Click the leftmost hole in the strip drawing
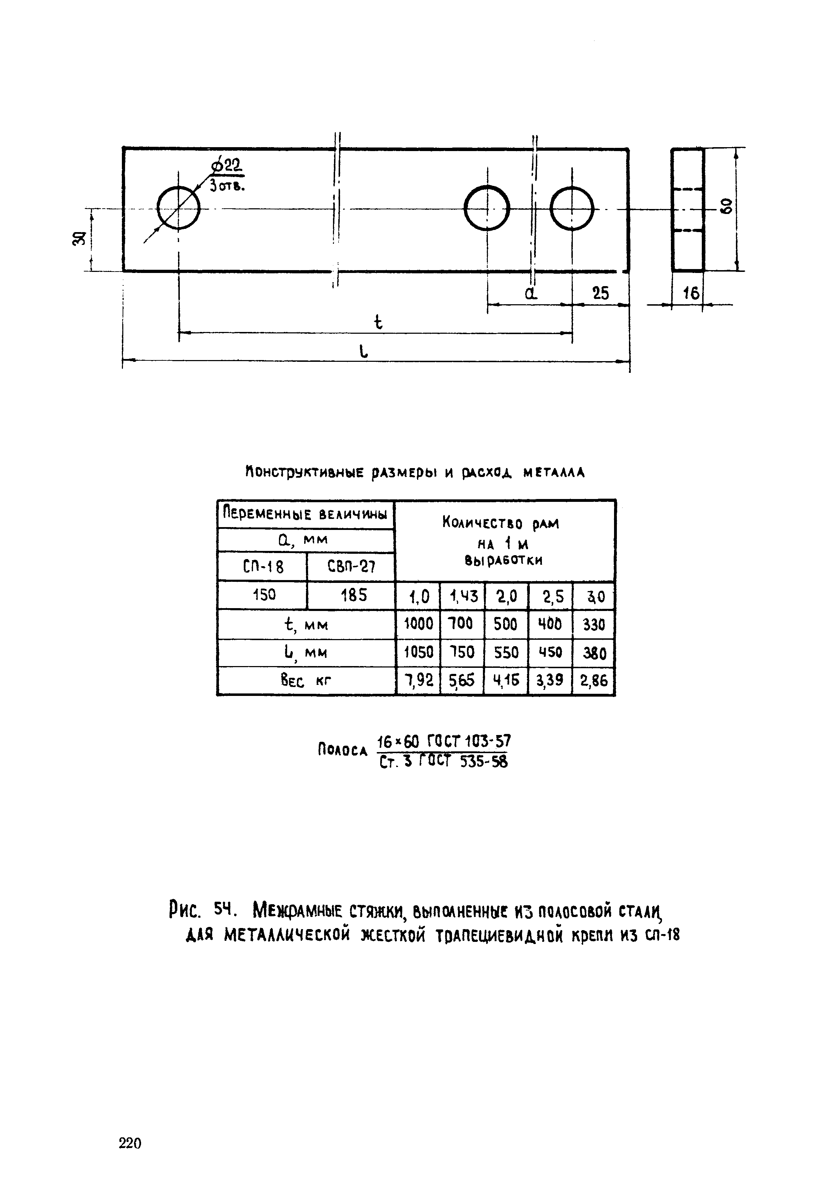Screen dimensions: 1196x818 178,208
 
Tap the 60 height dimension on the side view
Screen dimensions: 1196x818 727,208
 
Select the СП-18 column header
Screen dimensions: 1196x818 263,567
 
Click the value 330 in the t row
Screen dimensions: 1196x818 594,625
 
